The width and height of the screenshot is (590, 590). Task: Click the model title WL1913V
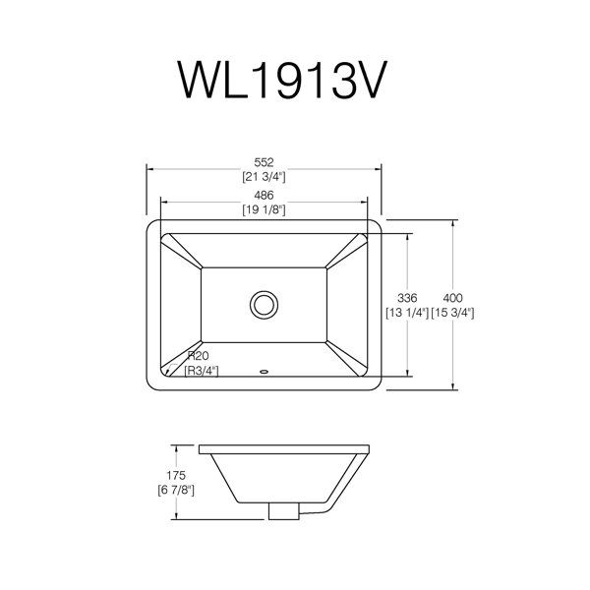[282, 81]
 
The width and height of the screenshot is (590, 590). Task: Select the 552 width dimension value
[264, 162]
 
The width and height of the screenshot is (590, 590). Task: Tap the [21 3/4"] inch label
[264, 176]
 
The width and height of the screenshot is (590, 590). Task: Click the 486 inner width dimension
[264, 196]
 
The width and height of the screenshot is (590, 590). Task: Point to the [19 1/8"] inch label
[264, 209]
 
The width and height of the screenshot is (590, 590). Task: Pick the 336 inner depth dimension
[407, 298]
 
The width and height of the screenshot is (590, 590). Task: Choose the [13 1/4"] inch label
[407, 313]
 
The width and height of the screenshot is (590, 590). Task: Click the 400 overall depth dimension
[452, 298]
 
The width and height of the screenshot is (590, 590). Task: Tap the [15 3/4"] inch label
[452, 313]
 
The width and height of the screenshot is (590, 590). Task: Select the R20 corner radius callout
[199, 356]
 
